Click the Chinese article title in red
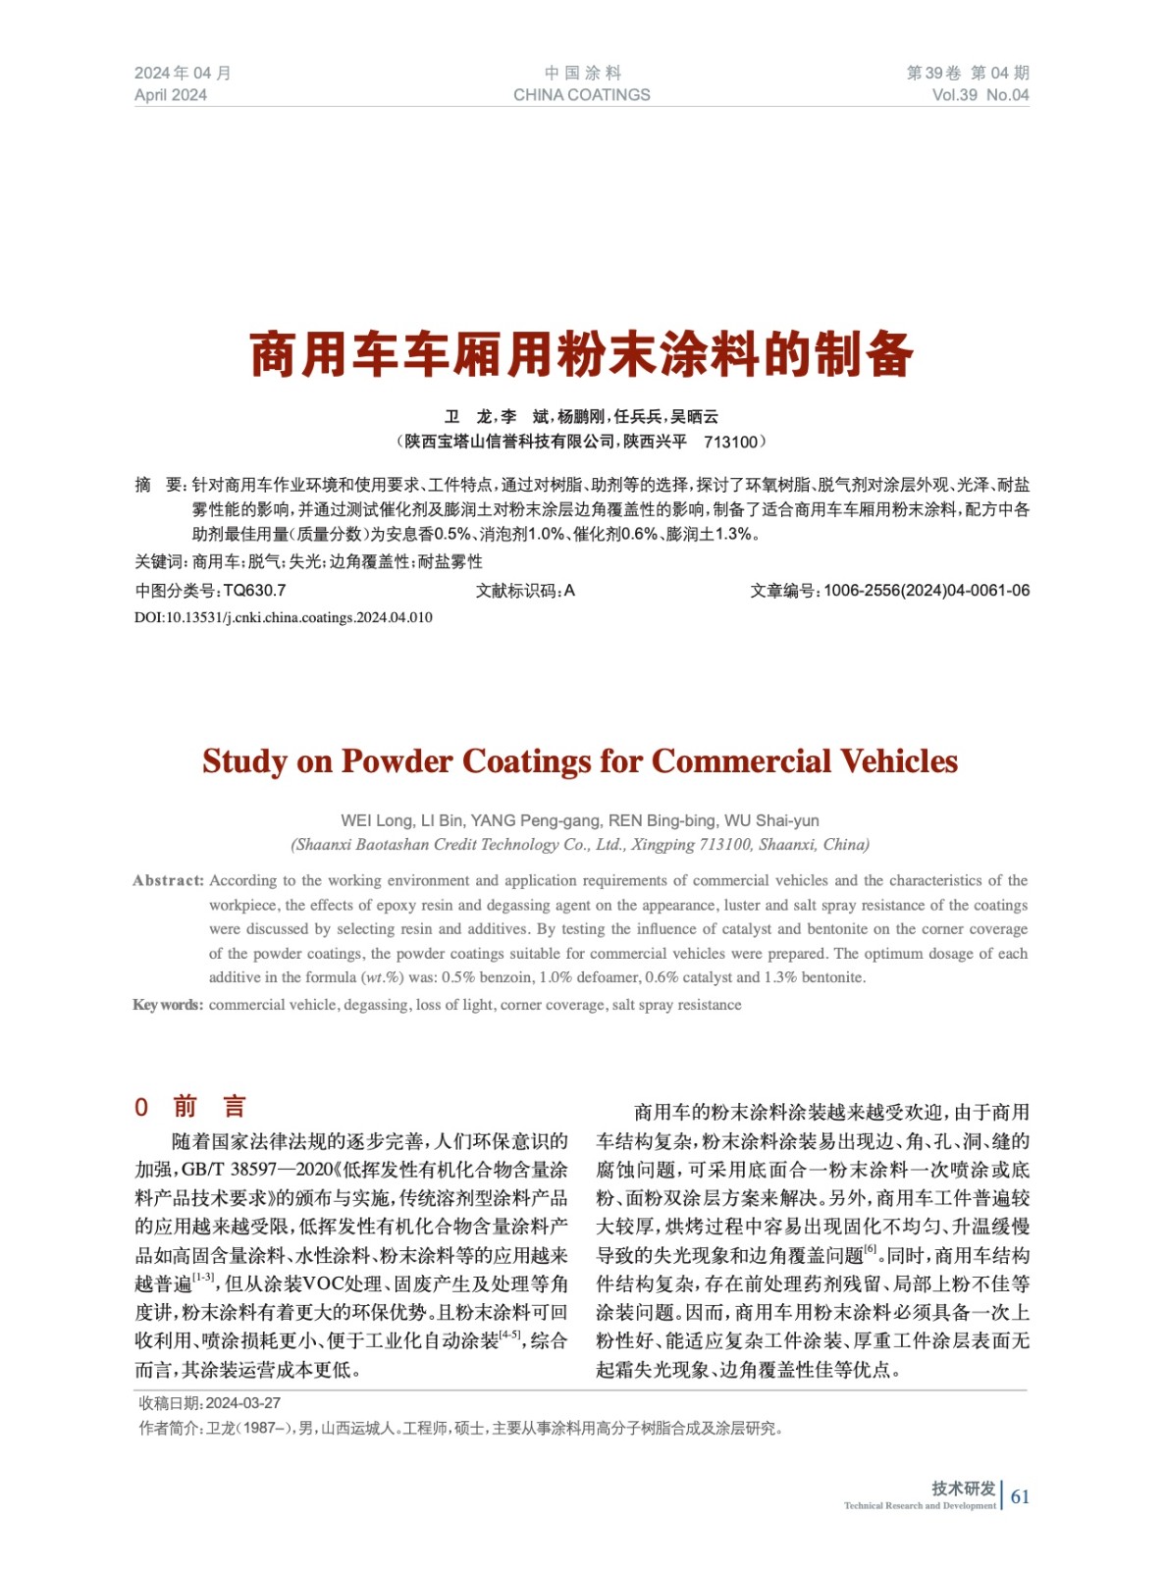pos(581,354)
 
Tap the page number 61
pos(1020,1496)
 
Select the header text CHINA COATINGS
pos(581,95)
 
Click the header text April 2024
pos(171,95)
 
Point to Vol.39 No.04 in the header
pos(980,95)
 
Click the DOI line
pos(283,617)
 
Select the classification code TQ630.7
pos(254,591)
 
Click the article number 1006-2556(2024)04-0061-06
pos(926,591)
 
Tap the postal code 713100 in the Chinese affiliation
pos(730,442)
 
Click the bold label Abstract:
pos(168,880)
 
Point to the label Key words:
pos(168,1005)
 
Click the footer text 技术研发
pos(963,1489)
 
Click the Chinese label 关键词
pos(159,562)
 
